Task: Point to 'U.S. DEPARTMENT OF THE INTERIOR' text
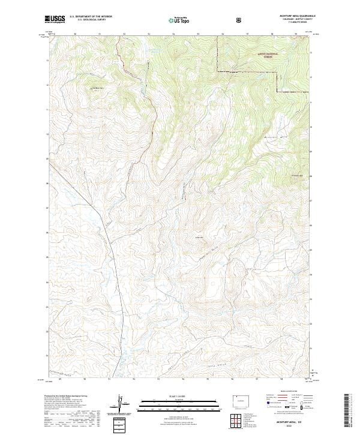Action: (89, 17)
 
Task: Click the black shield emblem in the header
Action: (239, 20)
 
